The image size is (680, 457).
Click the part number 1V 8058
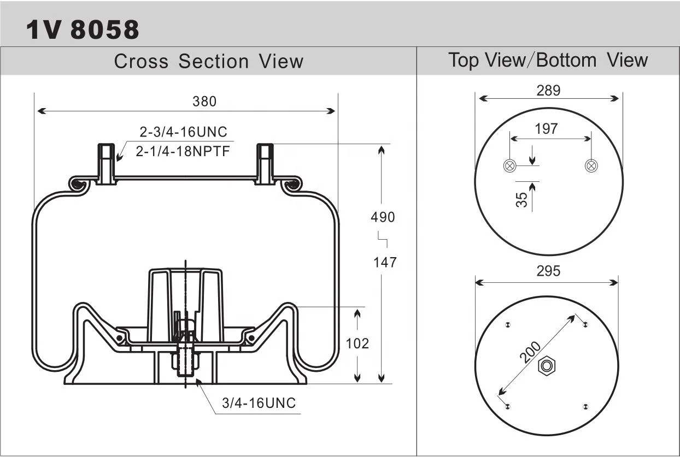(83, 29)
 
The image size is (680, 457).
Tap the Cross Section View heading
(209, 61)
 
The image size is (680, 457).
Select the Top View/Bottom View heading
(548, 60)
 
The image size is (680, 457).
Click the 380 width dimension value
(204, 102)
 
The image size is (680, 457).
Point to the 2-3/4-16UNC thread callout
(183, 132)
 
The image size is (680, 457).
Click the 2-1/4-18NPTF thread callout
(183, 151)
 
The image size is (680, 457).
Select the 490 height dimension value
(383, 217)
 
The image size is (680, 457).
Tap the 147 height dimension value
(385, 262)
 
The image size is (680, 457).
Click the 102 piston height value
(357, 343)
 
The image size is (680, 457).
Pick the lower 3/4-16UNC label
(259, 403)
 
